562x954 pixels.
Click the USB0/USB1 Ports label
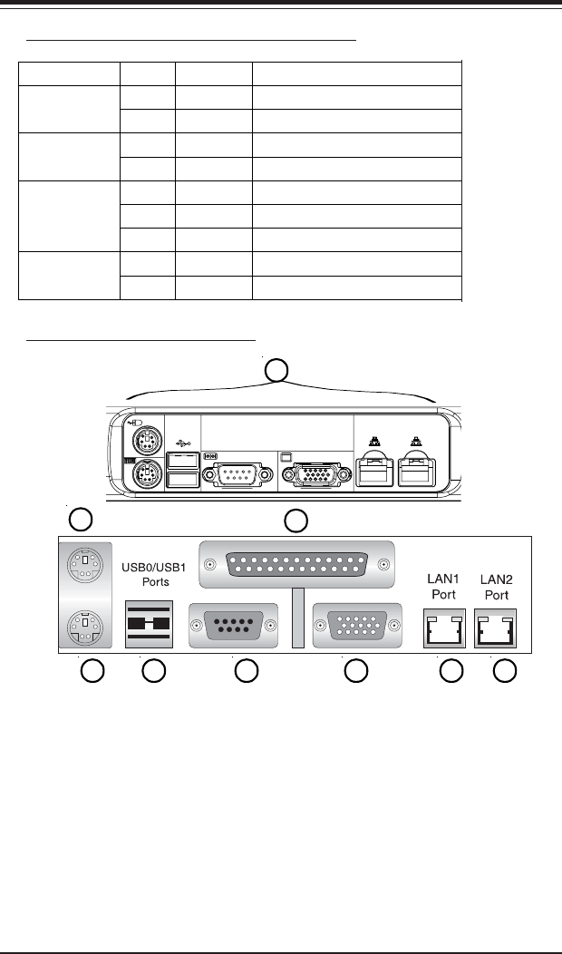154,574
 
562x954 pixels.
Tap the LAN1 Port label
443,586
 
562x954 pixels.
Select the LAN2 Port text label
497,587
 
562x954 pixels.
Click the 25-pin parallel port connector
296,565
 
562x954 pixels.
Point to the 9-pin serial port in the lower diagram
234,626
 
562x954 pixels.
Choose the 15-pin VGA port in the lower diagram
358,626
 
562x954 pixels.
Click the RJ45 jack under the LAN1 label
444,628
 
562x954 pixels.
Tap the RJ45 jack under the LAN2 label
496,628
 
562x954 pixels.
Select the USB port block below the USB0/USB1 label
149,624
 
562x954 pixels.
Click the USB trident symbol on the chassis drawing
183,443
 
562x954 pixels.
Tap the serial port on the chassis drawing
237,474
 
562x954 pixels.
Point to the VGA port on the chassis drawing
317,474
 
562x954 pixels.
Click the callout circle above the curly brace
276,370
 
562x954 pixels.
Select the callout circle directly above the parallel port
296,521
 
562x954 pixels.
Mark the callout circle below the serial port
247,671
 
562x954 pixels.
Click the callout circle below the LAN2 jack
505,671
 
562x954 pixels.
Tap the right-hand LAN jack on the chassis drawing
417,470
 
